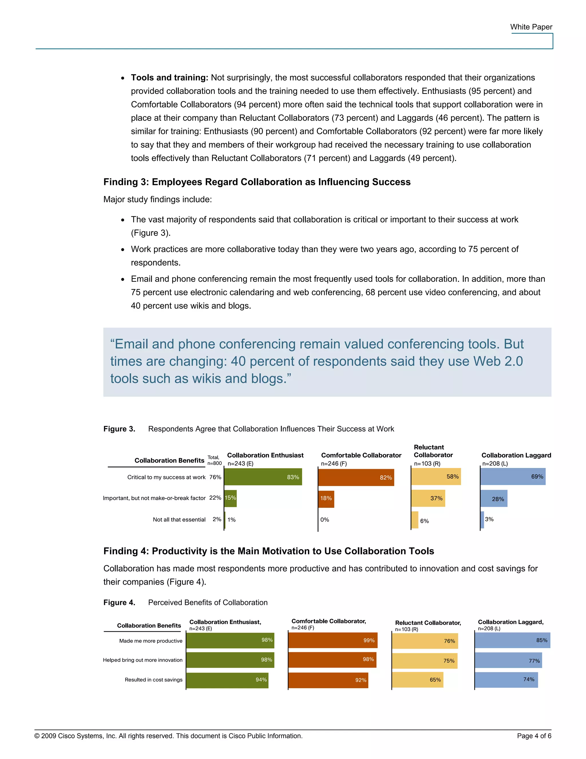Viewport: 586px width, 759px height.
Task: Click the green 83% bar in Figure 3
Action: pos(263,477)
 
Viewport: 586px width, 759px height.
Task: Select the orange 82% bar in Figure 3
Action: pos(356,477)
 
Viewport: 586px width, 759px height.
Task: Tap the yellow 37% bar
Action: pos(428,498)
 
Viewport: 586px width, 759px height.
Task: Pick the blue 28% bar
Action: pos(494,498)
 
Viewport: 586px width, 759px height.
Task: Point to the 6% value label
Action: pos(424,521)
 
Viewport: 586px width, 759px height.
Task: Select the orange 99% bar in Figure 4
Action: pos(332,640)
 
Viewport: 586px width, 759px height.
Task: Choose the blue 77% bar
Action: pos(508,660)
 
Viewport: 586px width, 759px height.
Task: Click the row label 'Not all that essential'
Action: pos(179,520)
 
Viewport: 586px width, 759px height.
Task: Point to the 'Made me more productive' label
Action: pos(151,641)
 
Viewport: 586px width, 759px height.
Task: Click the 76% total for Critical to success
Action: pos(215,477)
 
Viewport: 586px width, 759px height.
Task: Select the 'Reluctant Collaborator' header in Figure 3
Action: pos(433,451)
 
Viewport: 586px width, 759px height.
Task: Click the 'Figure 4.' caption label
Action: pos(119,603)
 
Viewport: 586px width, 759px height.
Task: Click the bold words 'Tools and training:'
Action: pos(169,78)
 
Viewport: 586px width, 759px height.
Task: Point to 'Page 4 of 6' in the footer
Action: pos(534,736)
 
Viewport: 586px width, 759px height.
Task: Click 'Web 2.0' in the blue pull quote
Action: pos(498,361)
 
